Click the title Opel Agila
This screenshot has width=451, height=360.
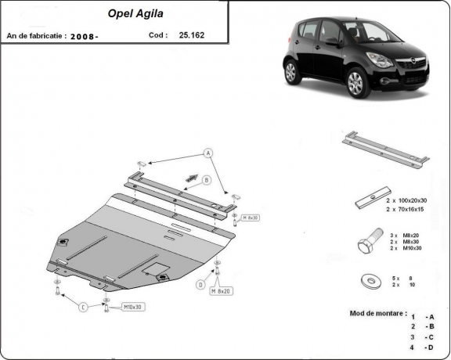tap(125, 13)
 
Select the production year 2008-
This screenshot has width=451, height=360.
tap(85, 36)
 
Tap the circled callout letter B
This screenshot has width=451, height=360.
tap(207, 180)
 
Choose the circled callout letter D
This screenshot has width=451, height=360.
tap(200, 285)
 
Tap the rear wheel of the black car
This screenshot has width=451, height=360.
tap(291, 73)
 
